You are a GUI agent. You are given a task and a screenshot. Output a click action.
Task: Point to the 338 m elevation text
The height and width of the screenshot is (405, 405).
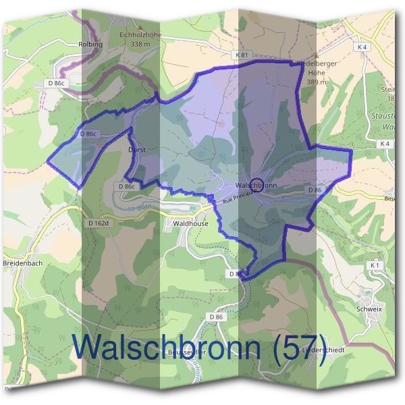140,44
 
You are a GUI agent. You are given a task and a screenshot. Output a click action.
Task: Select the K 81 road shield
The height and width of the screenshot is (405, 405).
242,55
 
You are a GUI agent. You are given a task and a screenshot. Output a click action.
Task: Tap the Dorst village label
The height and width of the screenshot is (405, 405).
137,149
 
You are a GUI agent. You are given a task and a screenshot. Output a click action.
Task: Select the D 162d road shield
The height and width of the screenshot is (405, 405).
99,222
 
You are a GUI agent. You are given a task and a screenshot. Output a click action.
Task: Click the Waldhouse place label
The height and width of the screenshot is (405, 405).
191,222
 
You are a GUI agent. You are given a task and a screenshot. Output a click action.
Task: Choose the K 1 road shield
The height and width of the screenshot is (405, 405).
375,266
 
